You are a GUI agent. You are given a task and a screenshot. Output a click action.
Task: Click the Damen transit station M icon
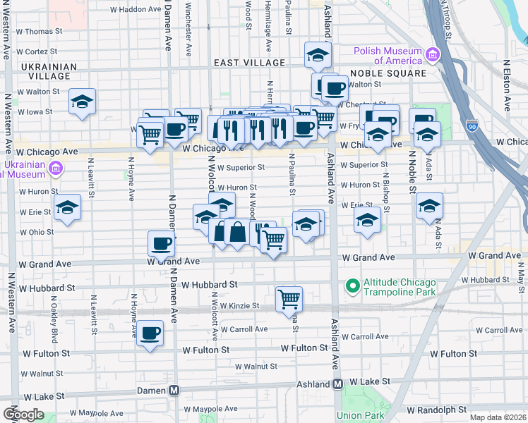[174, 390]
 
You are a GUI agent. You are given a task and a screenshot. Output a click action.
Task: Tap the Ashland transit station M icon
[337, 384]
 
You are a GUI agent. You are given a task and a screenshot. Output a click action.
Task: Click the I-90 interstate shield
[472, 125]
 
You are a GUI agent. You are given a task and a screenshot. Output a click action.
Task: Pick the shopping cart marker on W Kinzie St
[289, 298]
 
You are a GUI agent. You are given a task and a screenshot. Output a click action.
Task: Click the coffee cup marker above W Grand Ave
[162, 243]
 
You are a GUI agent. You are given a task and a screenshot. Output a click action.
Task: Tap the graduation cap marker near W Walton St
[83, 102]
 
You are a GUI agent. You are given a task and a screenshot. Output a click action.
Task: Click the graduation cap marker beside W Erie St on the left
[67, 207]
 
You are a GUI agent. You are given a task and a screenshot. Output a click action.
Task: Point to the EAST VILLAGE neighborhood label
[249, 63]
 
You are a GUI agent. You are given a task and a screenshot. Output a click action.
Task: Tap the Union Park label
[359, 415]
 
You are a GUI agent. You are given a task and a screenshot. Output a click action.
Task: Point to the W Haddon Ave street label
[136, 9]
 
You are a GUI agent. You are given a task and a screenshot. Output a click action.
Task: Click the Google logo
[23, 414]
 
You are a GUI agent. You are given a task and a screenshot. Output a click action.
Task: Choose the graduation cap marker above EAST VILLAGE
[318, 54]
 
